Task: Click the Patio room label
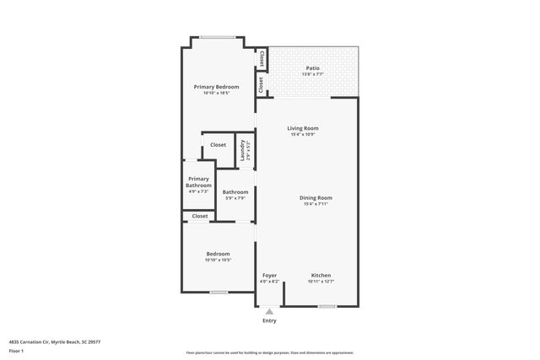click(312, 67)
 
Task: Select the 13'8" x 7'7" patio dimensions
click(312, 74)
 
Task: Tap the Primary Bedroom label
click(216, 87)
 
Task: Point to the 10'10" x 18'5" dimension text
click(216, 93)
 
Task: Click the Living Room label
click(302, 128)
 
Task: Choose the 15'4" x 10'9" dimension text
click(302, 135)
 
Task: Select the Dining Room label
click(316, 198)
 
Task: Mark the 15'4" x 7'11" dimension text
click(316, 205)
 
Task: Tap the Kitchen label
click(321, 276)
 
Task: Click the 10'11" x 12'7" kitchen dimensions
click(321, 282)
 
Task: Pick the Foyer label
click(269, 276)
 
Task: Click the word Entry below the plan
click(269, 320)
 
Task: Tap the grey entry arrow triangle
click(269, 311)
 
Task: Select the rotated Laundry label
click(242, 150)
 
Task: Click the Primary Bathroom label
click(199, 182)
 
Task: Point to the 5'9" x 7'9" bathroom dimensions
click(235, 198)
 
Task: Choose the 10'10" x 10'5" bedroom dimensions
click(218, 261)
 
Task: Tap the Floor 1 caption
click(16, 351)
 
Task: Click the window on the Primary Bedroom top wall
click(218, 36)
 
